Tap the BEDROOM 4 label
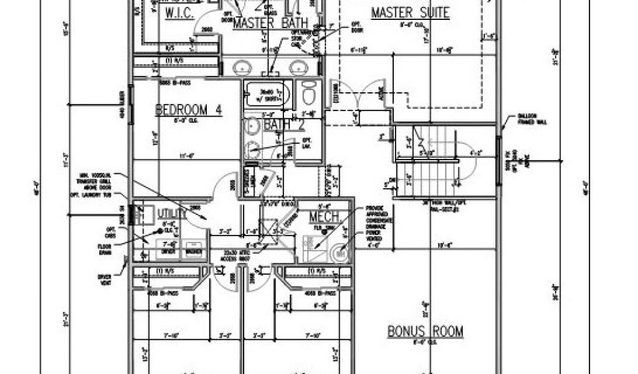pos(188,110)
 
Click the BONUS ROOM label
pos(426,331)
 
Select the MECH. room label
pos(325,217)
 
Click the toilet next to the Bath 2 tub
pos(308,95)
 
